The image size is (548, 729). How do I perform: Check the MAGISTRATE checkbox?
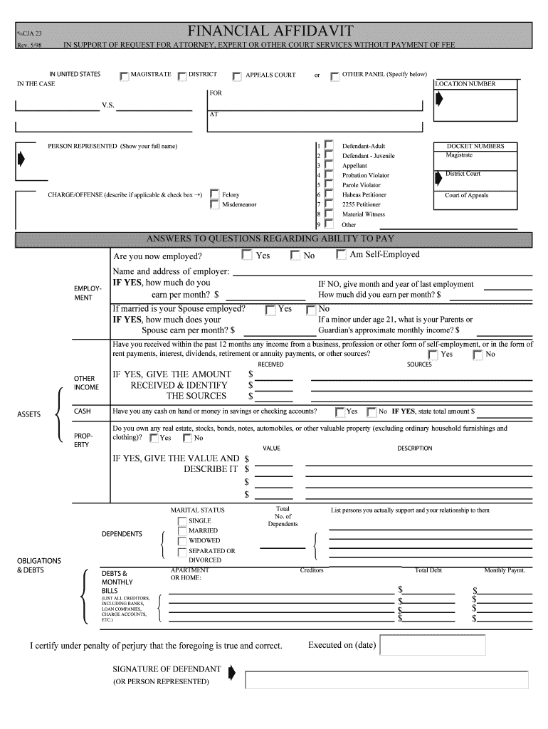(x=125, y=75)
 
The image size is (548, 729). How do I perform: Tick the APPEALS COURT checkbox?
(x=237, y=75)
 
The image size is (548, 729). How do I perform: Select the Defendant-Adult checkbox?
(x=329, y=145)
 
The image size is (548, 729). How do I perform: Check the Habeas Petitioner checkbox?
(x=329, y=194)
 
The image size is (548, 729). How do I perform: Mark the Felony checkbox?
(x=215, y=194)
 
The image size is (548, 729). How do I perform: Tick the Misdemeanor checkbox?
(x=215, y=204)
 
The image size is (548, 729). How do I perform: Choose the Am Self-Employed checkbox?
(x=341, y=255)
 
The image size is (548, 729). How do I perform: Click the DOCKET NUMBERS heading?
(x=475, y=146)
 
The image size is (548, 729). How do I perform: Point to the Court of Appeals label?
(x=467, y=195)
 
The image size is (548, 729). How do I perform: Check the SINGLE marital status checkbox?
(x=182, y=521)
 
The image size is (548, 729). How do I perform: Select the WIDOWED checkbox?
(x=182, y=541)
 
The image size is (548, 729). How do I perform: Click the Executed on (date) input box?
(x=433, y=645)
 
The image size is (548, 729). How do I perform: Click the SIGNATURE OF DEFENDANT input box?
(x=386, y=680)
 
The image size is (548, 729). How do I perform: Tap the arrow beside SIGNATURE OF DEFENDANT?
(x=231, y=672)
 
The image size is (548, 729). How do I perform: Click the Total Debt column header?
(x=428, y=570)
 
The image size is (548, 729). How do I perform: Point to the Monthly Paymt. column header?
(x=505, y=570)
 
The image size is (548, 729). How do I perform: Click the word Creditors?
(x=312, y=570)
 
